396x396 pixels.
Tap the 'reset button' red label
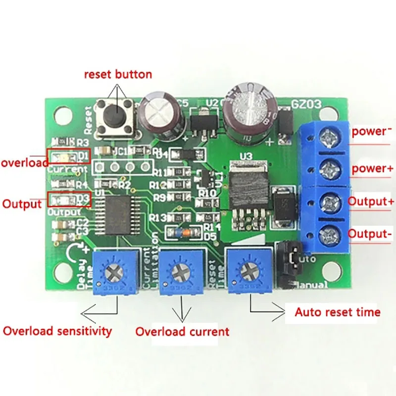pyautogui.click(x=118, y=75)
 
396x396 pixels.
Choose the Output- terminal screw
pyautogui.click(x=329, y=234)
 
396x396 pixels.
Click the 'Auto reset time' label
pyautogui.click(x=338, y=312)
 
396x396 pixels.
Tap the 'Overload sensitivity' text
pyautogui.click(x=57, y=331)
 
